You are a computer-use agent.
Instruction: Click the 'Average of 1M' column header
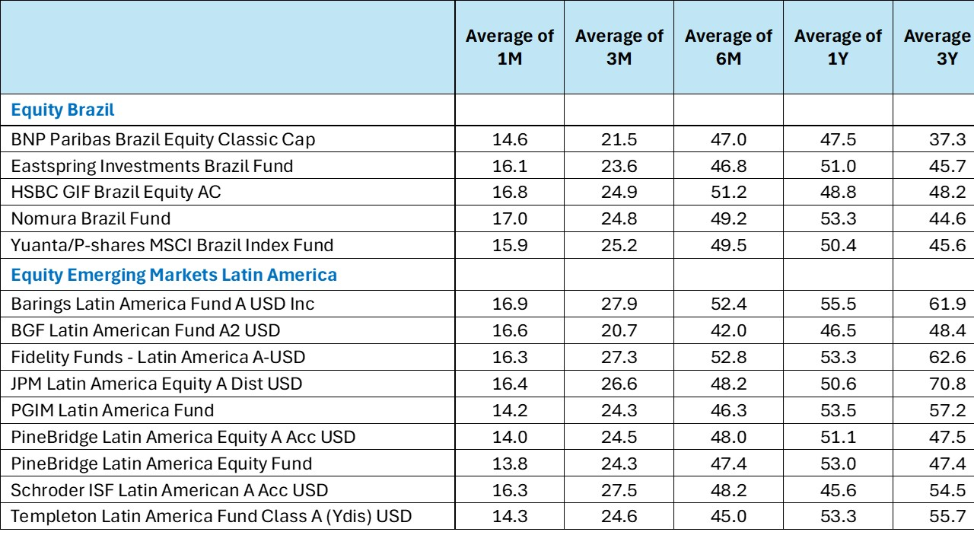click(x=510, y=47)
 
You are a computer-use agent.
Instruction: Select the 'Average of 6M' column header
click(x=729, y=47)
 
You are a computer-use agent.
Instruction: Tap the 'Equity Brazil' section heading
click(x=62, y=110)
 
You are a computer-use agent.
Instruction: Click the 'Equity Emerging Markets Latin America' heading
click(x=174, y=275)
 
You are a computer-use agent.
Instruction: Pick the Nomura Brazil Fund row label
click(x=91, y=218)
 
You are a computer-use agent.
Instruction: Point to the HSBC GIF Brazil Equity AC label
click(x=116, y=192)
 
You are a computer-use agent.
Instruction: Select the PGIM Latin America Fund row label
click(x=112, y=410)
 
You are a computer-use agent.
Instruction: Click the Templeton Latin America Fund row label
click(x=212, y=516)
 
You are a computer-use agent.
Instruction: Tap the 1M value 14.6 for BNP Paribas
click(x=510, y=139)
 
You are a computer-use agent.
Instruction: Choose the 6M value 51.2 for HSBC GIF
click(x=729, y=192)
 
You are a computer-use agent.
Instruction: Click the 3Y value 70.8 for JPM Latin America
click(x=947, y=384)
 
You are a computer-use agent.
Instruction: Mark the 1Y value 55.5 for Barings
click(x=838, y=304)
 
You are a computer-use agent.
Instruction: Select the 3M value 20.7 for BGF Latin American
click(x=619, y=330)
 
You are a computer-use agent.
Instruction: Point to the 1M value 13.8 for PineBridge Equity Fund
click(x=510, y=464)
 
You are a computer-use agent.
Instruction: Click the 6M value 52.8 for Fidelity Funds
click(x=729, y=357)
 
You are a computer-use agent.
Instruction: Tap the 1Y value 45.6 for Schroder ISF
click(x=838, y=490)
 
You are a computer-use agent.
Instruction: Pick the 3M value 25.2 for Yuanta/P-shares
click(x=619, y=245)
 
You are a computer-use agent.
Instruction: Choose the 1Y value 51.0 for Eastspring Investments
click(x=838, y=166)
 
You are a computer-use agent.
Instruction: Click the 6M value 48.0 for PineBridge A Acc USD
click(x=729, y=437)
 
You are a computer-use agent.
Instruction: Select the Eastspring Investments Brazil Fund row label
click(x=151, y=166)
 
